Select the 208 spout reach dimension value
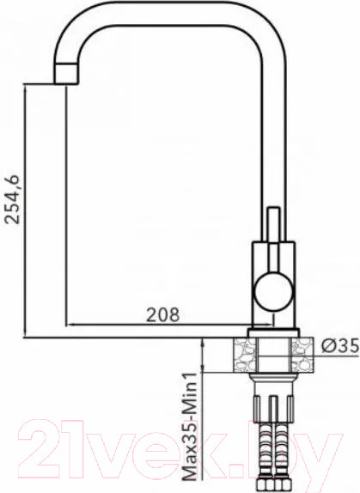pos(163,314)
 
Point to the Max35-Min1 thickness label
pos(192,426)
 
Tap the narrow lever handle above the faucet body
pos(274,224)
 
